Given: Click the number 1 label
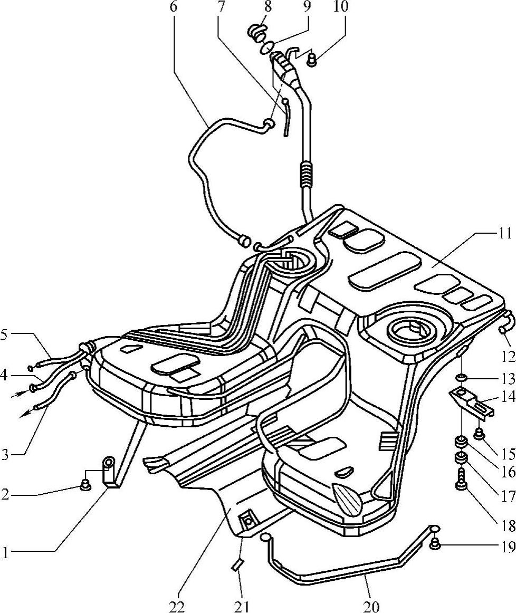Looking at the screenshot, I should coord(6,552).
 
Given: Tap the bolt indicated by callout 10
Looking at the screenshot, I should coord(312,60).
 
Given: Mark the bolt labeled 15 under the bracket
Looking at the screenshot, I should coord(480,434).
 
